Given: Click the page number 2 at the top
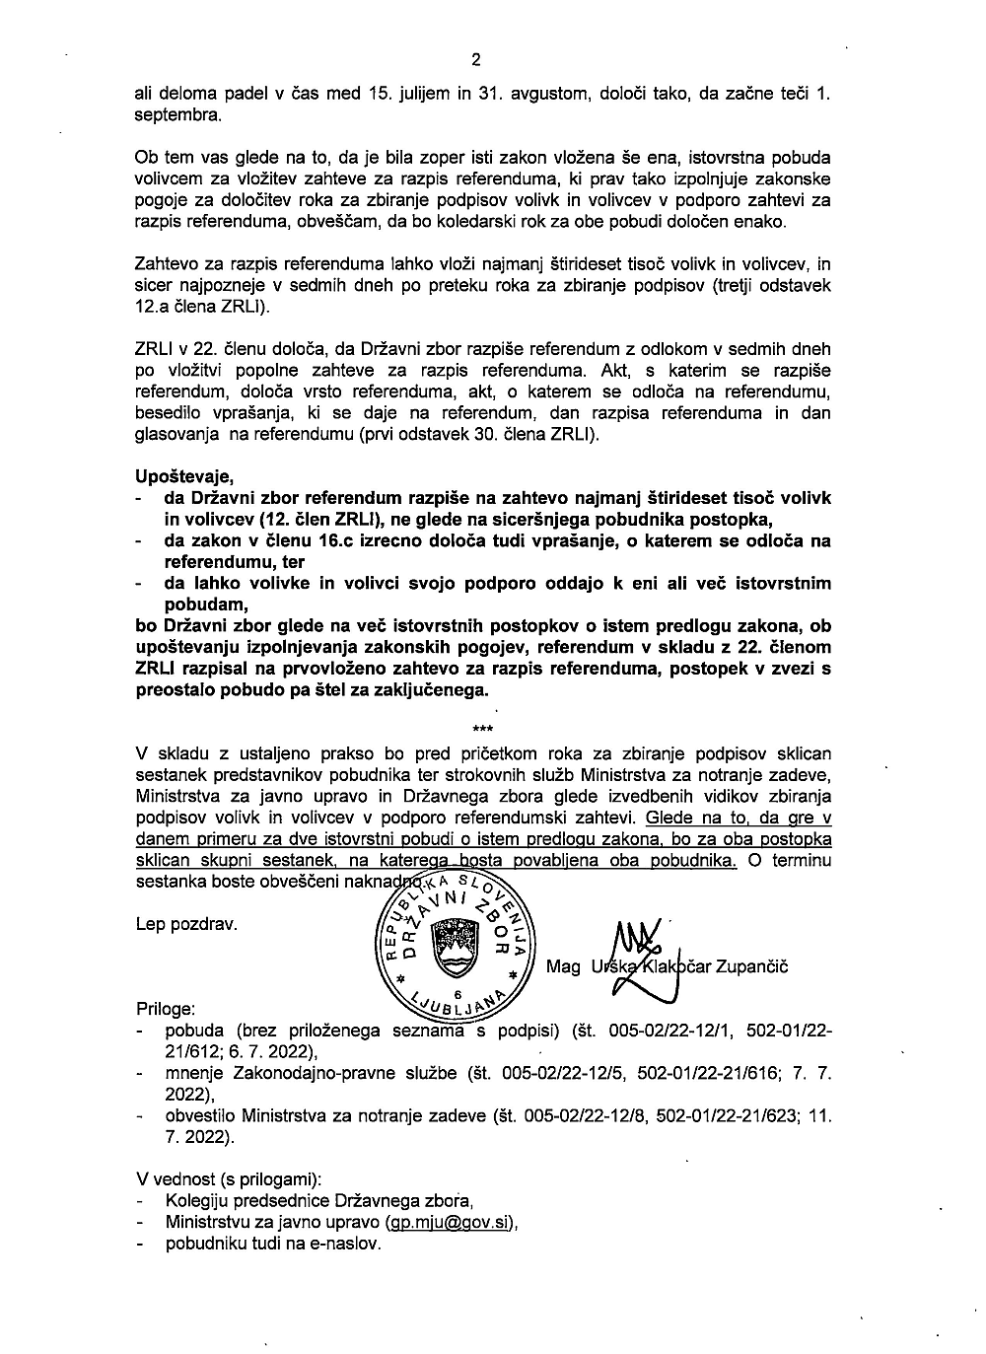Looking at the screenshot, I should pyautogui.click(x=476, y=59).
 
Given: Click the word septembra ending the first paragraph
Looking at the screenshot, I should pyautogui.click(x=177, y=114).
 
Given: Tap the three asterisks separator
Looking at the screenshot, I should pyautogui.click(x=483, y=730).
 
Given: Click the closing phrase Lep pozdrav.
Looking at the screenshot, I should pyautogui.click(x=187, y=924).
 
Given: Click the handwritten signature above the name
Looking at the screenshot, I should pyautogui.click(x=637, y=947).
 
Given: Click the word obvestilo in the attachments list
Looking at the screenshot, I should pyautogui.click(x=201, y=1116).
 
